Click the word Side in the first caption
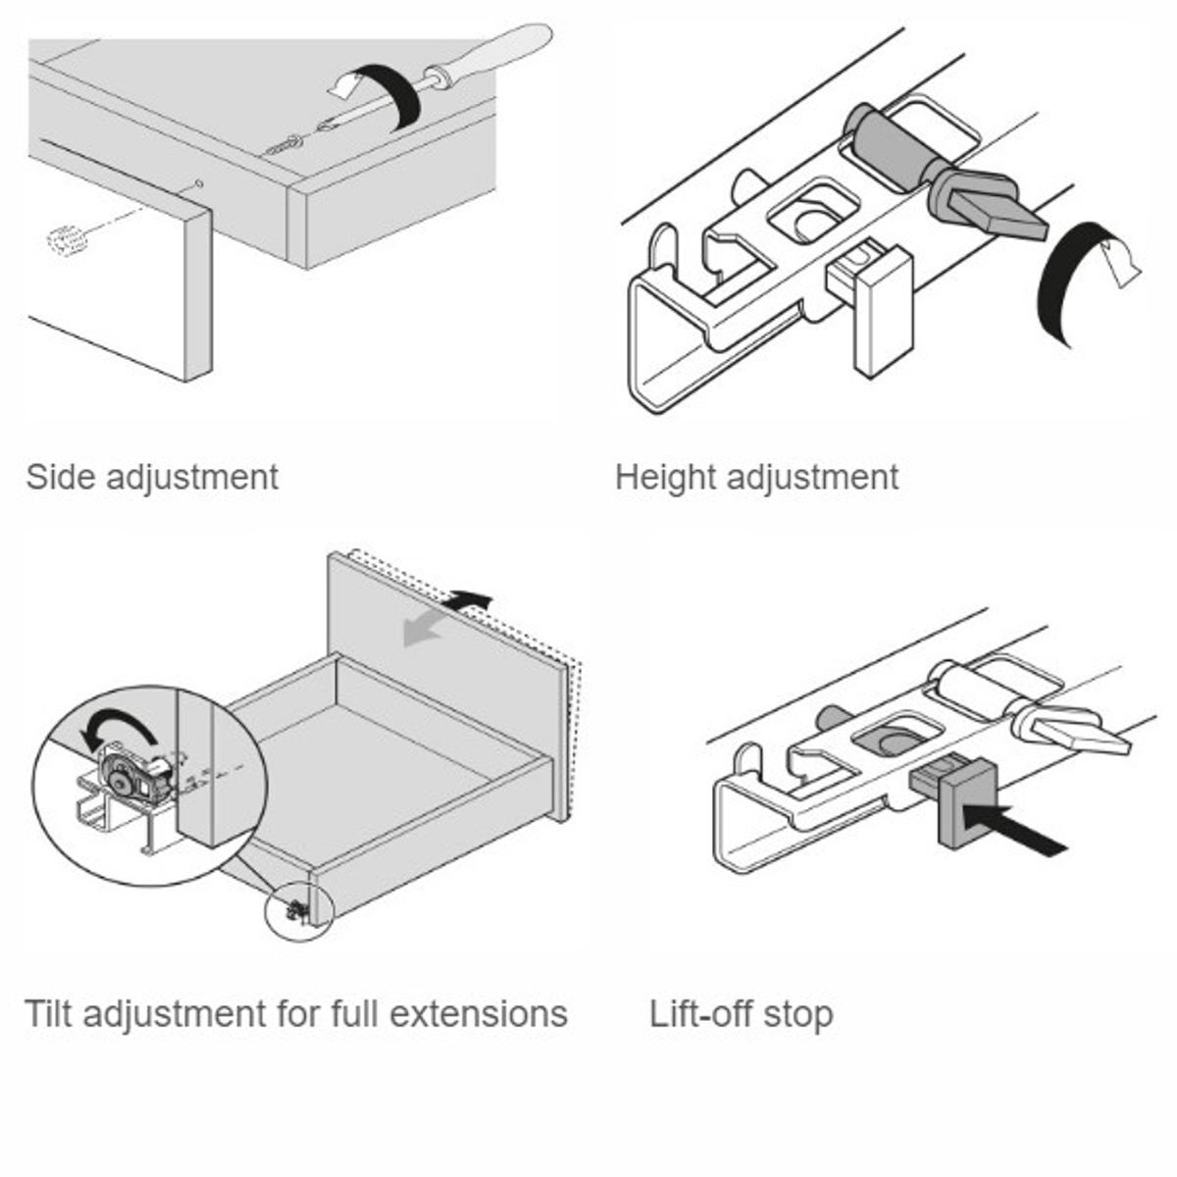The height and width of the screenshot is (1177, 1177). pos(60,478)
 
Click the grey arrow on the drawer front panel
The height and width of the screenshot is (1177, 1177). pos(426,632)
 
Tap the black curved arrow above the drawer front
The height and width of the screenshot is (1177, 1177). pos(469,598)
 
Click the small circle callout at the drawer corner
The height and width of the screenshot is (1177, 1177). pos(299,908)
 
